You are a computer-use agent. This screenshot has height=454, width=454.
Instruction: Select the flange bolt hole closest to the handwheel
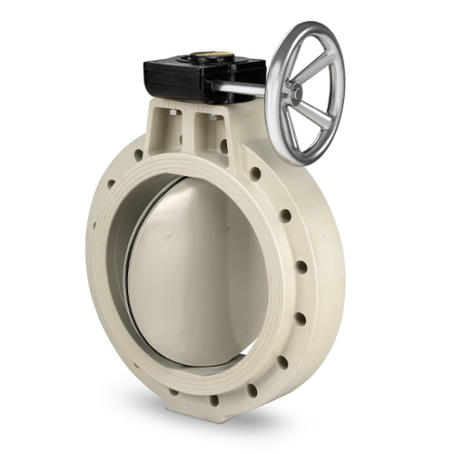pyautogui.click(x=255, y=173)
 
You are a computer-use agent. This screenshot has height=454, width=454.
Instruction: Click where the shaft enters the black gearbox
pyautogui.click(x=218, y=87)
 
